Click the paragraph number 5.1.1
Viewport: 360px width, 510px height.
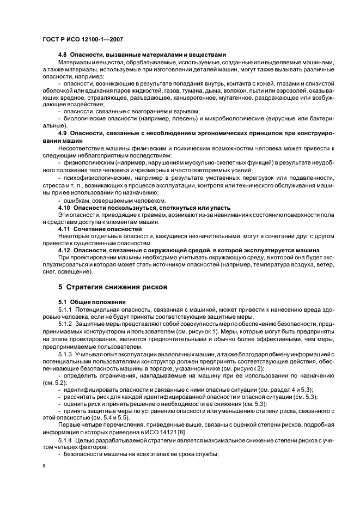(67, 309)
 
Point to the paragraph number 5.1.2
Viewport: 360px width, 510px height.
(67, 324)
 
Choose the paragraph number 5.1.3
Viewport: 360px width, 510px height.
(67, 354)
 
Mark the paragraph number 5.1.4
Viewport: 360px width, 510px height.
(67, 439)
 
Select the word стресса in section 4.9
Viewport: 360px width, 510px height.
(54, 185)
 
